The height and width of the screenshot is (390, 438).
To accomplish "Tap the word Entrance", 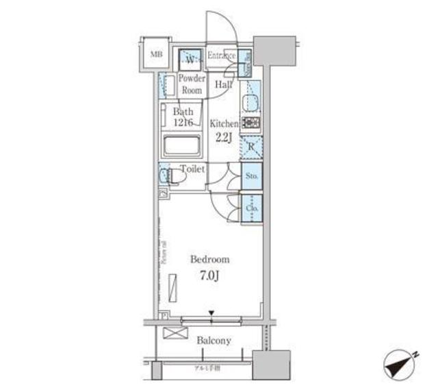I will pos(221,56).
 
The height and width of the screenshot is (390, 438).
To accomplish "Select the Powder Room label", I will pos(192,84).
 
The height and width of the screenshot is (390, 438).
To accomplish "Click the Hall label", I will pos(223,85).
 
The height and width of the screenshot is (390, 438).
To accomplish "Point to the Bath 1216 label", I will pos(183,117).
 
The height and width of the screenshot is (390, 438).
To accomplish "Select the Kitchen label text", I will pos(223,124).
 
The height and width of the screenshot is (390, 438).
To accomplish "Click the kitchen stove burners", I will pos(250,124).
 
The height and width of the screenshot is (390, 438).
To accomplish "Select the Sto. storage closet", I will pos(251,177).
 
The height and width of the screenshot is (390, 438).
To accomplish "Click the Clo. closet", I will pos(251,206).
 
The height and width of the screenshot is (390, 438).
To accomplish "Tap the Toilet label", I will pos(192,169).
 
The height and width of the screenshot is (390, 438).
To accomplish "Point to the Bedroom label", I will pos(209,260).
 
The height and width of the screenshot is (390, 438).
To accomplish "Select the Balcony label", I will pos(214,341).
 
